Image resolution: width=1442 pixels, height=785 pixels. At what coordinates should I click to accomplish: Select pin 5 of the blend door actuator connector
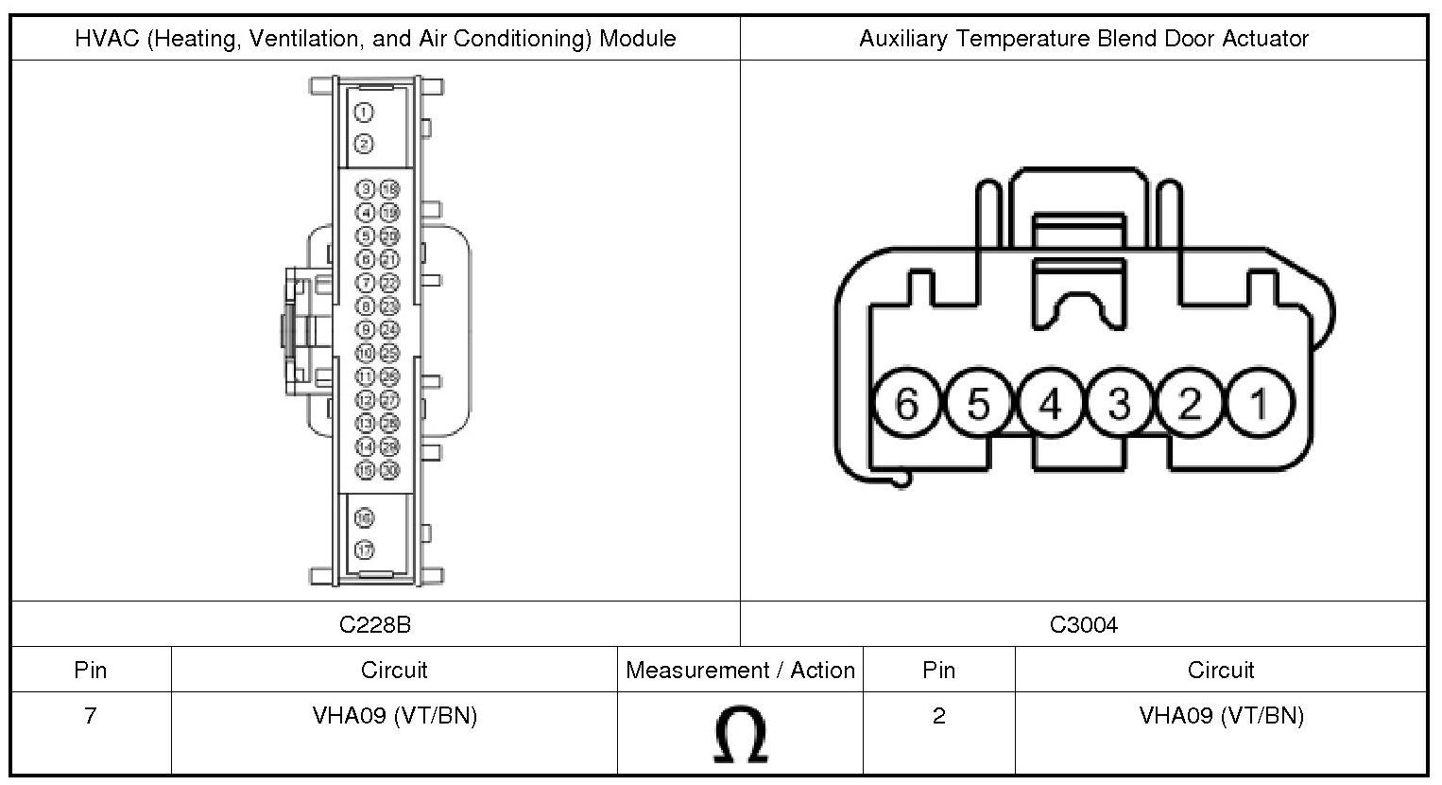point(977,404)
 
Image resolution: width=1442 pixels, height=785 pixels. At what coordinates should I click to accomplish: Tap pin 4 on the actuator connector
point(1048,404)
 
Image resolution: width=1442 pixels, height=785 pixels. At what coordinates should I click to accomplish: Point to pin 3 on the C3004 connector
point(1119,404)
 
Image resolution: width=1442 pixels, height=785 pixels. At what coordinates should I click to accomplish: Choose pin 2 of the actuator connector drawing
point(1190,404)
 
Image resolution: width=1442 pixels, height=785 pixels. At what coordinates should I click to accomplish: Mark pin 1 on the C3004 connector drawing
point(1259,404)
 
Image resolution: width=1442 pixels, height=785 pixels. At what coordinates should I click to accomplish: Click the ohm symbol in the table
point(740,735)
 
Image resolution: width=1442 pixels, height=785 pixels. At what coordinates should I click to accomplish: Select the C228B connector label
point(375,624)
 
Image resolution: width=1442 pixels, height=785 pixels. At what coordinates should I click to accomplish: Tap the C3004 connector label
point(1083,624)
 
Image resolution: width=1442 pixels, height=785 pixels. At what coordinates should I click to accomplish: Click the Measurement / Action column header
point(740,671)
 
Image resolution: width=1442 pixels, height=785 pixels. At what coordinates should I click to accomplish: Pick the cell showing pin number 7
point(91,716)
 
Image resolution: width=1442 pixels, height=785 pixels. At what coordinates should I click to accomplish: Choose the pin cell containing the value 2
point(938,716)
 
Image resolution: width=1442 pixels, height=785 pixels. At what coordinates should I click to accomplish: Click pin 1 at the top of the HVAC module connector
point(364,113)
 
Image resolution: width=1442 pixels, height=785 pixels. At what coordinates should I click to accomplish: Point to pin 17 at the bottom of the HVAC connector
point(364,549)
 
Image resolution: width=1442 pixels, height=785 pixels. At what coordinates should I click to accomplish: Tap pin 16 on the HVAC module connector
point(364,517)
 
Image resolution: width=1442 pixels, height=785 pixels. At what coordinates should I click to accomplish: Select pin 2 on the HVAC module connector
point(364,144)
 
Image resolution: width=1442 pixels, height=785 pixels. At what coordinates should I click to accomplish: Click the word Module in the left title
point(637,39)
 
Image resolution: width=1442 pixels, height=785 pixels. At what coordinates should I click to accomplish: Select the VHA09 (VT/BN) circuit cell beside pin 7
point(394,716)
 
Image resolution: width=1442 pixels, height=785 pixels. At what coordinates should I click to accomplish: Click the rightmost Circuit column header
point(1220,671)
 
